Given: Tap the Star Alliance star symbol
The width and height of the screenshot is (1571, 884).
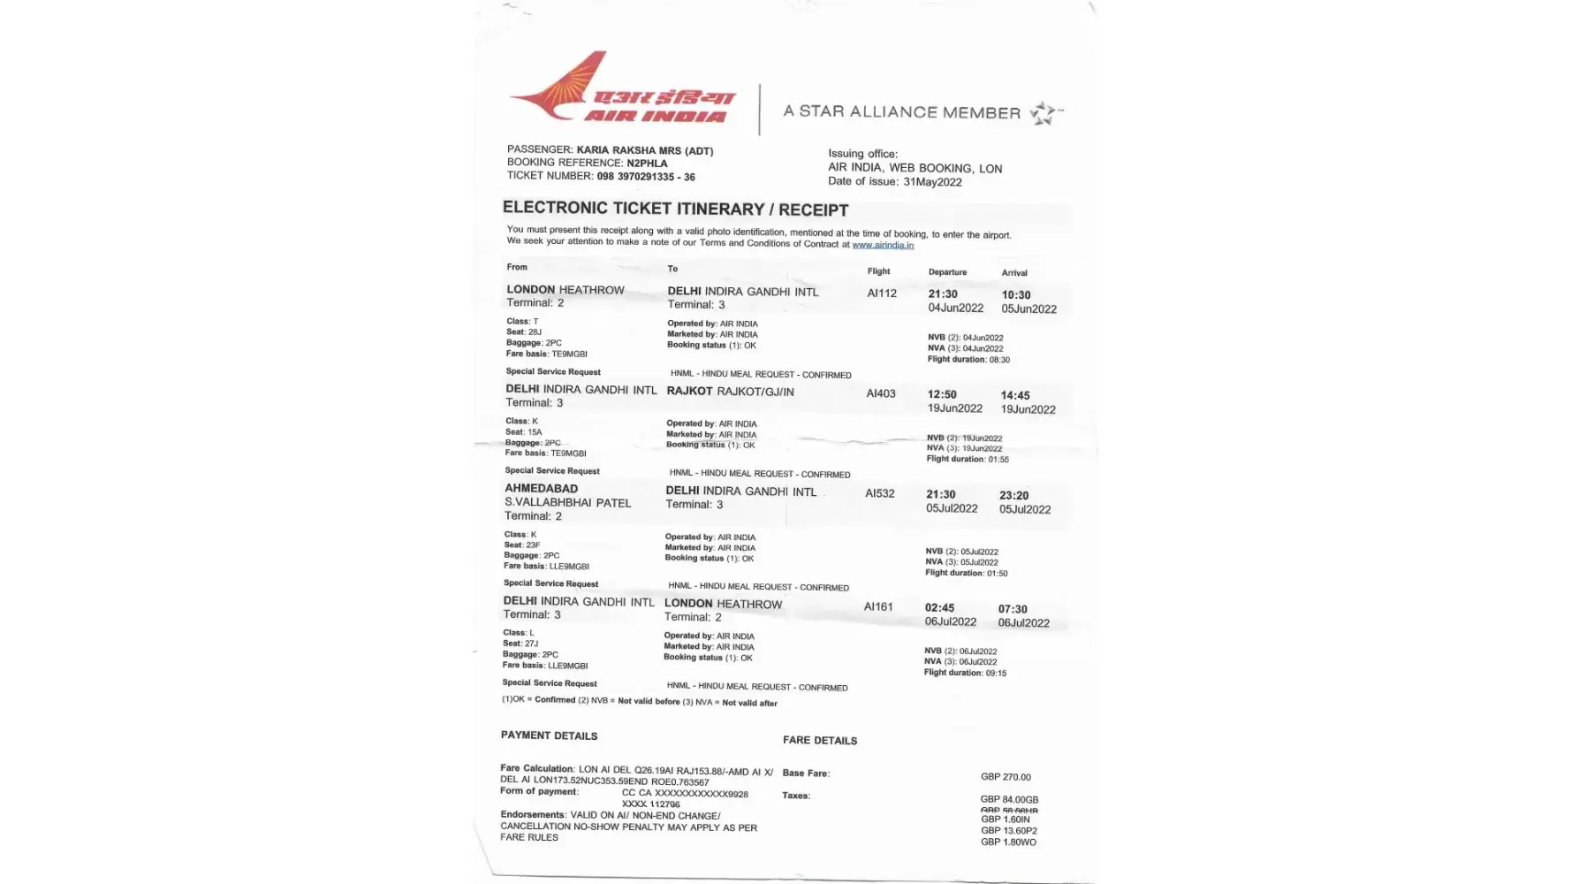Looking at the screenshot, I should point(1044,113).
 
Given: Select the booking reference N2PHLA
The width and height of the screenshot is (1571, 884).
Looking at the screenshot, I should point(647,164).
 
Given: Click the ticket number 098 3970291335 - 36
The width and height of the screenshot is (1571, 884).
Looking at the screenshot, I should point(646,177).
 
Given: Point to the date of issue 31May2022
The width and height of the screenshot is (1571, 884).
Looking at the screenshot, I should point(932,182).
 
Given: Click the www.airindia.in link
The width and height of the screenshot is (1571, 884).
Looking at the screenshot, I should point(883,245).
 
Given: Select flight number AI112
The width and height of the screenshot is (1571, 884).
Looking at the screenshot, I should point(882,293).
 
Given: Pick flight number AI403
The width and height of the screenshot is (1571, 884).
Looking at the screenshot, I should point(881,393).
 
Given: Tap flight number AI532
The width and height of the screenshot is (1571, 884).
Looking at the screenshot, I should point(880,493).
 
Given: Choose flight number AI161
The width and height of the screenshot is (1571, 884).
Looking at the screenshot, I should point(878,606).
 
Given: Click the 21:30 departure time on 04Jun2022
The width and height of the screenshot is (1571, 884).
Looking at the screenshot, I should point(943,294).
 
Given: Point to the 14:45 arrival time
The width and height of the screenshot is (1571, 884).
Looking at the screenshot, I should point(1015,396).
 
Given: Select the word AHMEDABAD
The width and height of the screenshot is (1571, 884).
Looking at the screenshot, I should point(541,489).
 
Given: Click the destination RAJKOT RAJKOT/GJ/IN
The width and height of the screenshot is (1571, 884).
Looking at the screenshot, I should point(730,392).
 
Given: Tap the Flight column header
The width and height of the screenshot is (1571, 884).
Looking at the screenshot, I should point(878,271).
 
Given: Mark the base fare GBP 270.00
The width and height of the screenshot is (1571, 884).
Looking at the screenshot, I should point(1006,777).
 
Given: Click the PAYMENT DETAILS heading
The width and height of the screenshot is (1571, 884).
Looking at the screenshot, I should point(549,735).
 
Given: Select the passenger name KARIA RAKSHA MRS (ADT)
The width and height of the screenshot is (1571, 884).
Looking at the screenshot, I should point(645,151).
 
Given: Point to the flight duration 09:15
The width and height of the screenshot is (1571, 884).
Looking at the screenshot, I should point(996,674).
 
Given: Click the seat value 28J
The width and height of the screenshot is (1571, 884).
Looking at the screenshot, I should point(535,332).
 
